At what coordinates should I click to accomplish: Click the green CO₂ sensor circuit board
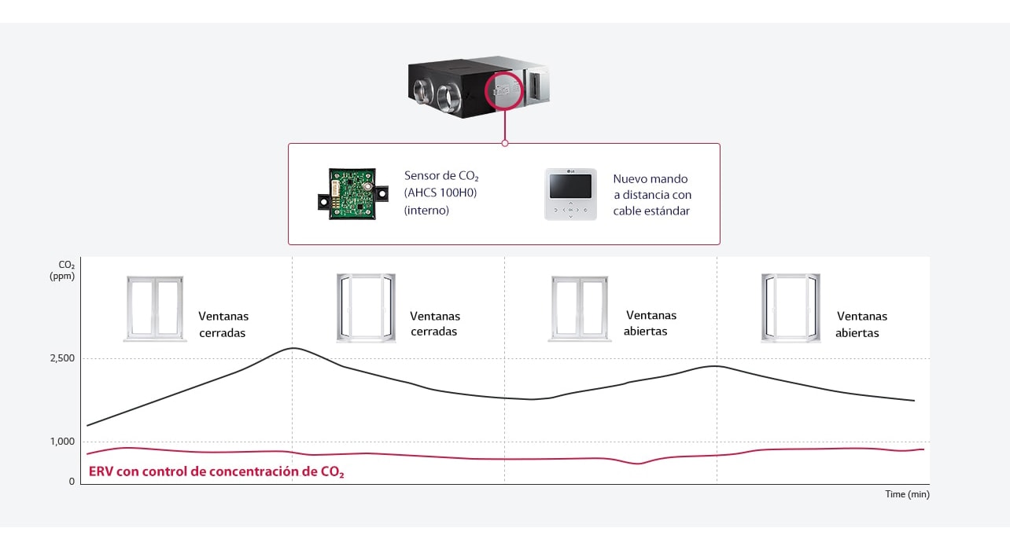pos(352,193)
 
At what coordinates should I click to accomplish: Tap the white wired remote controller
pos(571,193)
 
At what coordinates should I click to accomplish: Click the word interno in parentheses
pos(426,211)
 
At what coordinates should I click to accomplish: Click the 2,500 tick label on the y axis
pos(62,358)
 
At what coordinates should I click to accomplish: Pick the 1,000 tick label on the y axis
pos(62,442)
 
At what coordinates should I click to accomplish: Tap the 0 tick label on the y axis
pos(72,482)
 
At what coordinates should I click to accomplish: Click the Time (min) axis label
pos(907,494)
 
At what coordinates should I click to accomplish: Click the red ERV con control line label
pos(216,472)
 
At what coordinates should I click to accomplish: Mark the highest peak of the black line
pos(293,348)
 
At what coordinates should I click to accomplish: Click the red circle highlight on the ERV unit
pos(504,92)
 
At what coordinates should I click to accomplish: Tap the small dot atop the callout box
pos(505,143)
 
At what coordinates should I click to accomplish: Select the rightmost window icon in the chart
pos(791,307)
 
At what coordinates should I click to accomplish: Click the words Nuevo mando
pos(651,179)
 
